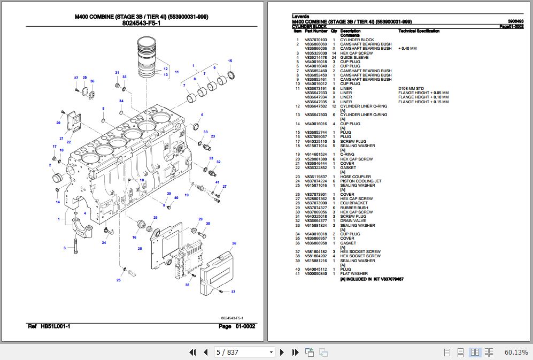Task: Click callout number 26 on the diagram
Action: click(x=234, y=243)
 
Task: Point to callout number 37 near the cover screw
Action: click(x=233, y=292)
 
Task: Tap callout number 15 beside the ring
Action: click(x=230, y=61)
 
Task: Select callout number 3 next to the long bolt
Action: click(x=65, y=248)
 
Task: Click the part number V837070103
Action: click(x=315, y=40)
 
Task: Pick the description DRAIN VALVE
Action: click(x=353, y=221)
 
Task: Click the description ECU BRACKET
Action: click(x=353, y=203)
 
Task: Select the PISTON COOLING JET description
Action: click(x=361, y=181)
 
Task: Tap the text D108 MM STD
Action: click(x=411, y=88)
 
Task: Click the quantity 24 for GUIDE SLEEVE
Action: click(x=334, y=57)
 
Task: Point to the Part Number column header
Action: click(x=316, y=31)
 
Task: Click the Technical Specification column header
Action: click(x=419, y=31)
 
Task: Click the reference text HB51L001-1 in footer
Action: click(x=56, y=326)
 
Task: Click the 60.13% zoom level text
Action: click(x=515, y=352)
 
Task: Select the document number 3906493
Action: click(x=515, y=21)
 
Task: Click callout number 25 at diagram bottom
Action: click(x=118, y=280)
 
